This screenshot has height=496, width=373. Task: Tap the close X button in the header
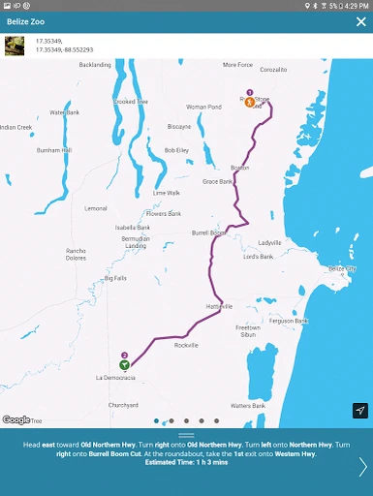pyautogui.click(x=360, y=21)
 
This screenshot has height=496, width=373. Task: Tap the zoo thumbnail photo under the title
pyautogui.click(x=15, y=46)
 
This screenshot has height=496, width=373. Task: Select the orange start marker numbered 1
pyautogui.click(x=249, y=101)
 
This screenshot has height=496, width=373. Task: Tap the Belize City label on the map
pyautogui.click(x=342, y=267)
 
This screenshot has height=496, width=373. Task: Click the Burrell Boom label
pyautogui.click(x=209, y=232)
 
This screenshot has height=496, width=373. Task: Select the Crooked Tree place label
pyautogui.click(x=130, y=101)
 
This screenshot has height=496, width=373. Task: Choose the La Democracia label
pyautogui.click(x=115, y=376)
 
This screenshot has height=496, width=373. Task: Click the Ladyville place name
pyautogui.click(x=269, y=242)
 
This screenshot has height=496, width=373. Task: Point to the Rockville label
pyautogui.click(x=186, y=345)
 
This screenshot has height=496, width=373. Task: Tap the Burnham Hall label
pyautogui.click(x=54, y=150)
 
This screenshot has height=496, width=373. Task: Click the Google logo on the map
pyautogui.click(x=16, y=419)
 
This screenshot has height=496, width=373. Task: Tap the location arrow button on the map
pyautogui.click(x=359, y=411)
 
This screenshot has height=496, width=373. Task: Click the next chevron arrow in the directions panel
pyautogui.click(x=362, y=467)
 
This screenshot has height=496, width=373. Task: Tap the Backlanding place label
pyautogui.click(x=95, y=65)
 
